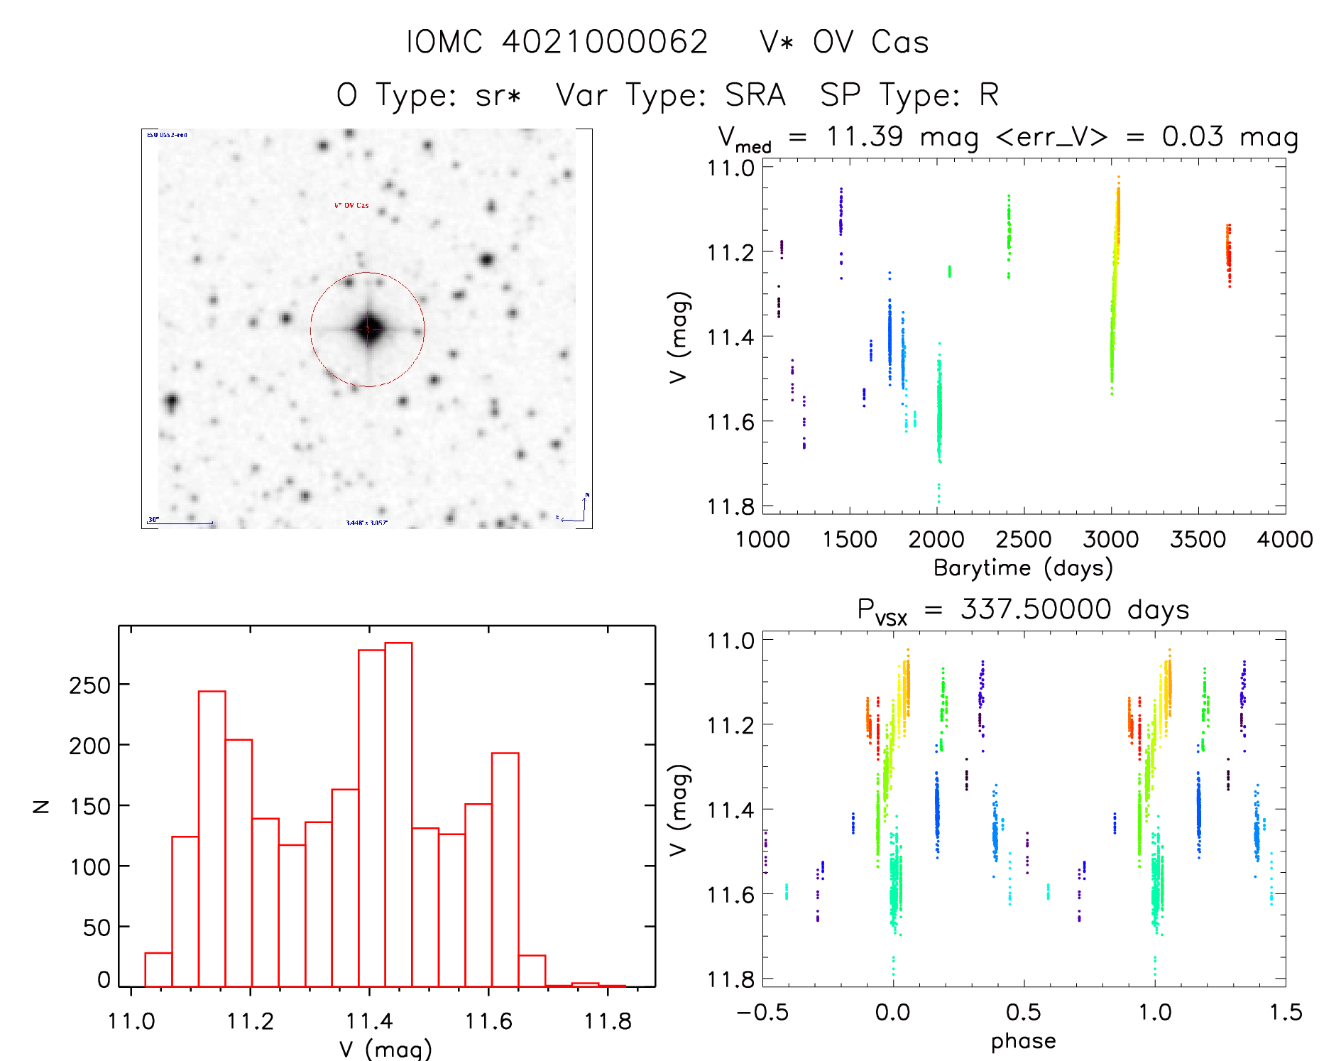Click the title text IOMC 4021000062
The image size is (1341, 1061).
(557, 42)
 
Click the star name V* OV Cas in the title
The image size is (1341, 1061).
(844, 42)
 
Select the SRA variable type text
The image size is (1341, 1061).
(755, 94)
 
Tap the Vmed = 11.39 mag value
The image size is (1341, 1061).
(848, 136)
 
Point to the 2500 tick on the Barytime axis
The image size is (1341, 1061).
(1024, 539)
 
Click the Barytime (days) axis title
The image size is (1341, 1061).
(1023, 568)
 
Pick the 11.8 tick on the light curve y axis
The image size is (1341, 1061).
(730, 506)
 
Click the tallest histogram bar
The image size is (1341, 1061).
(398, 814)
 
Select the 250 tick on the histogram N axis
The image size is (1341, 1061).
(89, 685)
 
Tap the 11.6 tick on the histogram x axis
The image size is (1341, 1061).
(488, 1021)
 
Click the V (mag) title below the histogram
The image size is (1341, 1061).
(385, 1048)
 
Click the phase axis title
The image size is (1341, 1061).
(1023, 1041)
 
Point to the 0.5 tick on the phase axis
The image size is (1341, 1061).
(1023, 1012)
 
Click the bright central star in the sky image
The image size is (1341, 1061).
(368, 329)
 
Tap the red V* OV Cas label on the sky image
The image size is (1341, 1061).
(351, 206)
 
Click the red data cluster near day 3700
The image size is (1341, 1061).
(1228, 254)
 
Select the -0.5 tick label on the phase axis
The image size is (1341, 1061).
(762, 1012)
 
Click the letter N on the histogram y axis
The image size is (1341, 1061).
(42, 806)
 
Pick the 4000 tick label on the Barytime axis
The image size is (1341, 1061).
(1285, 539)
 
